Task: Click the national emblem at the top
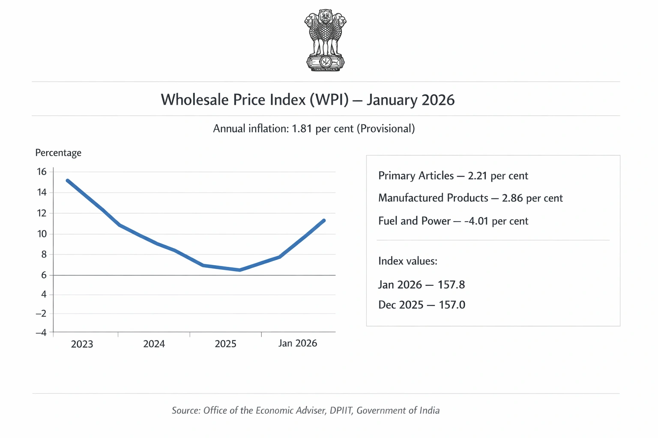pos(325,41)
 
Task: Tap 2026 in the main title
pos(438,100)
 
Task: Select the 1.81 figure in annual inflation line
pos(302,129)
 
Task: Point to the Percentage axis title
pos(58,153)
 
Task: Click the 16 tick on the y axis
pos(42,172)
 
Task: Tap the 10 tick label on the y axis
pos(42,234)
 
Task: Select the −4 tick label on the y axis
pos(41,332)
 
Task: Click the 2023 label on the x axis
pos(82,344)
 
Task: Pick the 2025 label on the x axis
pos(225,344)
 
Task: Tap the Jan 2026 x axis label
pos(297,343)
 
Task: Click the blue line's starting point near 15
pos(68,181)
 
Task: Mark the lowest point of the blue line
pos(239,270)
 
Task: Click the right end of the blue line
pos(324,221)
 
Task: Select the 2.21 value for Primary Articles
pos(478,176)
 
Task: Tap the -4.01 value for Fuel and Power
pos(476,221)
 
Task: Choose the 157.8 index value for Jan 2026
pos(451,285)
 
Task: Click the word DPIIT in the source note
pos(341,411)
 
